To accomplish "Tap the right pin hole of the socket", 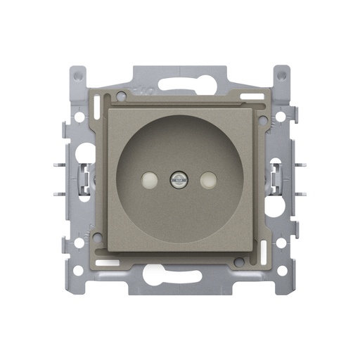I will click(207, 181).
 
